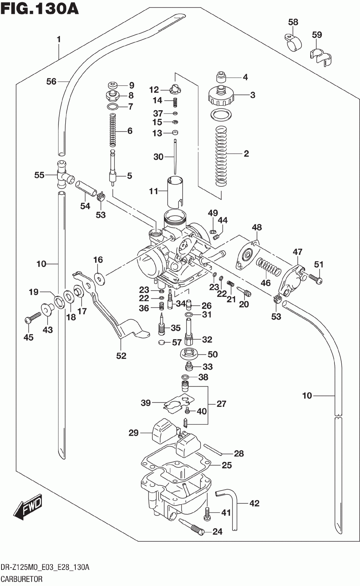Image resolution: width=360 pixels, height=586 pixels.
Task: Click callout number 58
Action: [x=293, y=22]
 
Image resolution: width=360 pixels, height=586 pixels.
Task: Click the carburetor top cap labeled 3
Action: [x=221, y=95]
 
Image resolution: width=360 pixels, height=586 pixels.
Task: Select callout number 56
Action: [x=51, y=82]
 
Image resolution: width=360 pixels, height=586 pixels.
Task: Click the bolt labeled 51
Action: [x=315, y=278]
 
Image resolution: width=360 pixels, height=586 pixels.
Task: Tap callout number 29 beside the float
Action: [x=133, y=433]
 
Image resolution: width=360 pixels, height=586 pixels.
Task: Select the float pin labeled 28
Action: [x=213, y=450]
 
